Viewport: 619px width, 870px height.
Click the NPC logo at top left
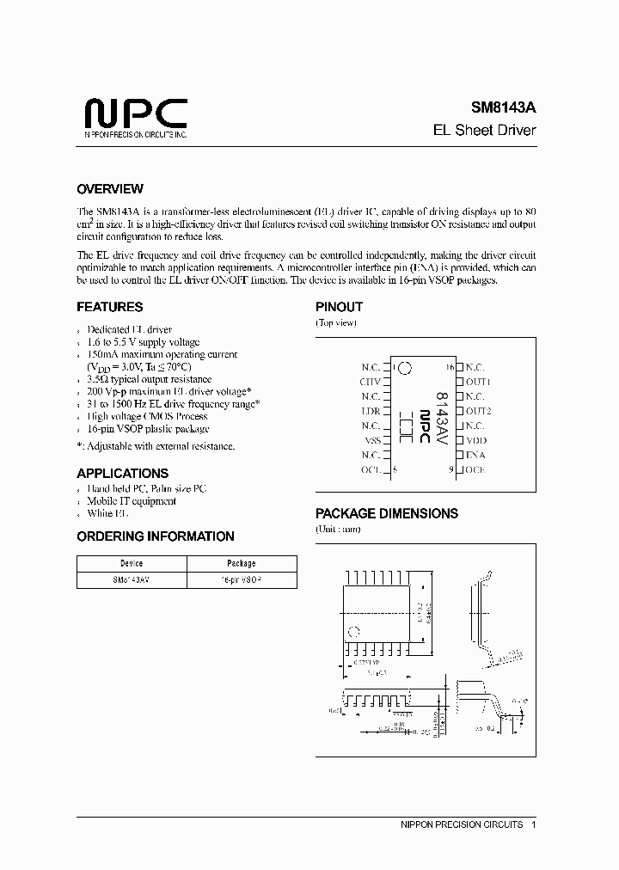(x=135, y=114)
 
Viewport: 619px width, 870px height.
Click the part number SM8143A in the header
(x=502, y=108)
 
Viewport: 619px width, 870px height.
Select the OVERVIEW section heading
(x=110, y=189)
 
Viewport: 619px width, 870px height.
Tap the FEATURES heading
(x=109, y=307)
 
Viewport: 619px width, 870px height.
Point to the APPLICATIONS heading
(x=122, y=473)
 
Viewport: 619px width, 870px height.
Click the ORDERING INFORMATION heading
(x=155, y=536)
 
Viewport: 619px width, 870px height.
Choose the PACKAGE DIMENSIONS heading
(x=387, y=513)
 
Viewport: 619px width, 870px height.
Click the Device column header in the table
(x=132, y=564)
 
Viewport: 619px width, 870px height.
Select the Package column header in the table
(x=242, y=564)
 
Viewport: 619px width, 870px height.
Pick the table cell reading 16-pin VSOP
(x=242, y=579)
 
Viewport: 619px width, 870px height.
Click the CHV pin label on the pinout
(x=370, y=381)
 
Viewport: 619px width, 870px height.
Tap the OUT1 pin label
(x=478, y=381)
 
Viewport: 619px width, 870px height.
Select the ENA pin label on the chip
(x=475, y=454)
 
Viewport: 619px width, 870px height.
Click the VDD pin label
(x=476, y=439)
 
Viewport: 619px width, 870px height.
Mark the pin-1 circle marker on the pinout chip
(x=405, y=368)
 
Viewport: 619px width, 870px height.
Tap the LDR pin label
(x=371, y=410)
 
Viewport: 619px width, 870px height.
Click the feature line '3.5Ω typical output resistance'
(x=149, y=379)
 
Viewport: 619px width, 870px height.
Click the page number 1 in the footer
(x=534, y=824)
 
